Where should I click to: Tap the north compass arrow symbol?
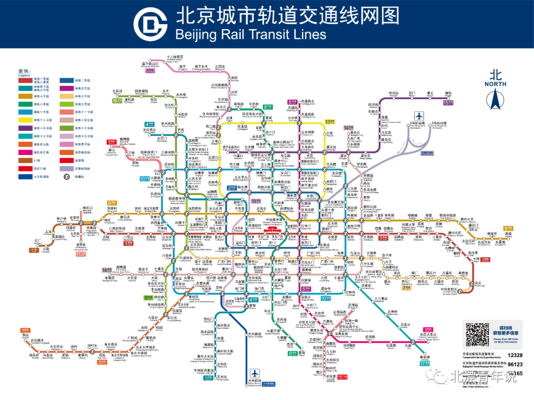pos(495,99)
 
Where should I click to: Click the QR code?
pos(477,334)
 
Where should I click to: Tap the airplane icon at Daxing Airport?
pos(255,374)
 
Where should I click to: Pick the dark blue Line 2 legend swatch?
pos(66,80)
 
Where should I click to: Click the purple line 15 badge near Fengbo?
pos(448,103)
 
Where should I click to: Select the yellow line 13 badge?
pos(330,121)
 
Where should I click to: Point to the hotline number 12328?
pos(515,356)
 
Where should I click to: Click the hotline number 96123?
pos(515,365)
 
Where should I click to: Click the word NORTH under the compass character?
pos(495,84)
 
